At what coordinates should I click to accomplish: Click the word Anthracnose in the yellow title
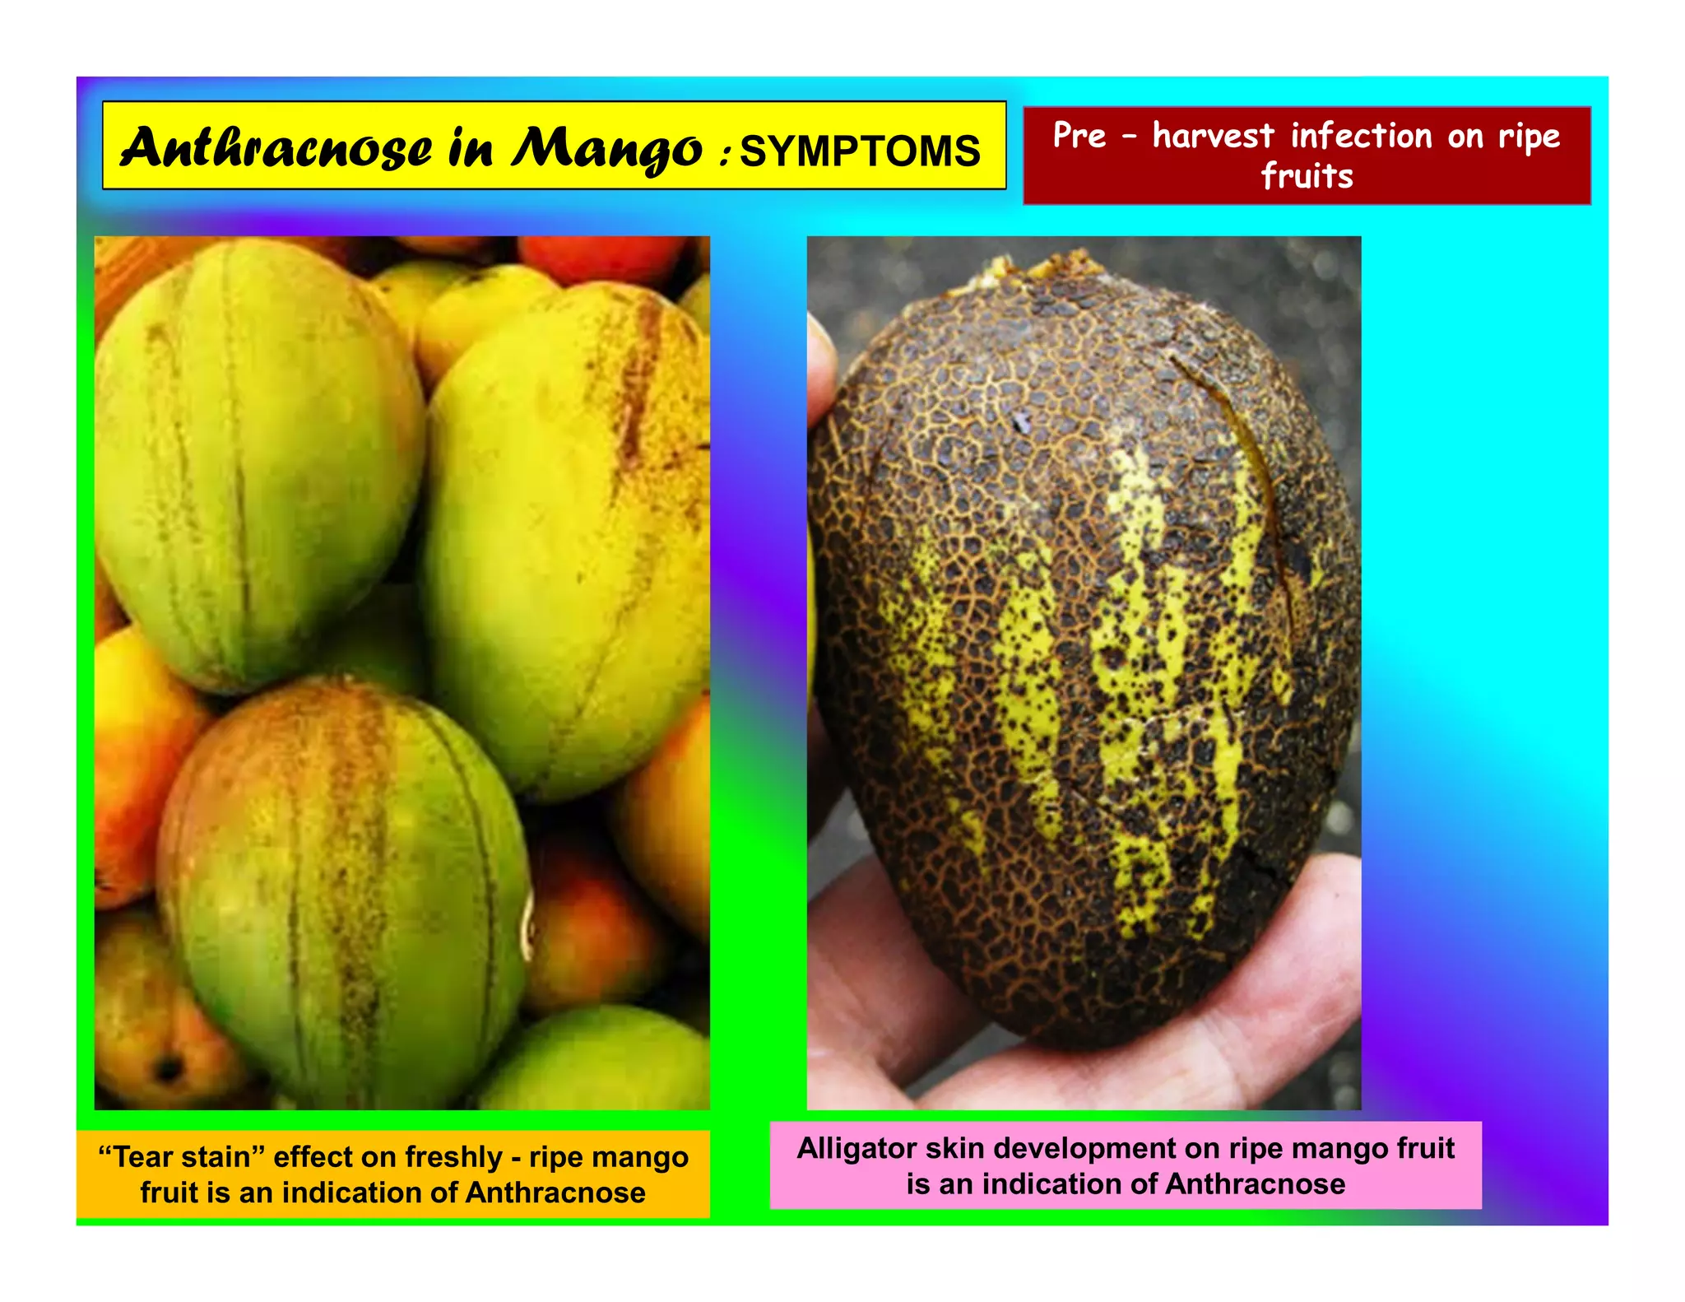276,148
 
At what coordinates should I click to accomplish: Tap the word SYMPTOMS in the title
860,151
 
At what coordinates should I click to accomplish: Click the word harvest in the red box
1213,136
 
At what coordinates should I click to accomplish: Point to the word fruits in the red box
1307,176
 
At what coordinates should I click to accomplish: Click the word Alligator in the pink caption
856,1148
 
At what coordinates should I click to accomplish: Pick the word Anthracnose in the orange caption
555,1193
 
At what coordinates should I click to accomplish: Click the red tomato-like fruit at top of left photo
605,257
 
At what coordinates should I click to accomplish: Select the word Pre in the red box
1079,136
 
